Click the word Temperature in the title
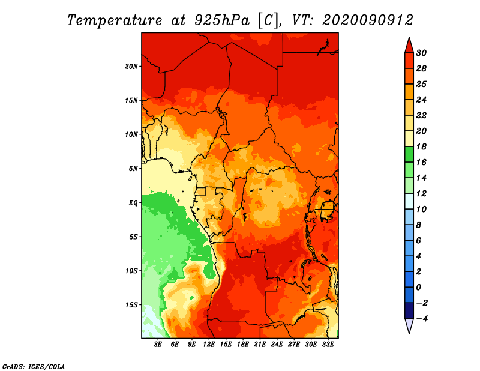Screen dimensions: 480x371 [115, 20]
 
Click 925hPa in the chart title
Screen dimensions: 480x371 [221, 20]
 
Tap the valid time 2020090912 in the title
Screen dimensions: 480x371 [368, 20]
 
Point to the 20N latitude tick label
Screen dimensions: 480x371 [131, 67]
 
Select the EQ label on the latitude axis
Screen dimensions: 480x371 [133, 203]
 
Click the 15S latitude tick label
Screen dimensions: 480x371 [131, 305]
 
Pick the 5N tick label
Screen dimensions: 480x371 [133, 169]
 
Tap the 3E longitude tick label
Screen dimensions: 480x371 [158, 344]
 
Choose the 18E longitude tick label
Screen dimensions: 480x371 [243, 344]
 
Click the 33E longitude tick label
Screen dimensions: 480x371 [328, 344]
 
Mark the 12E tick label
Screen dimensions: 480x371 [209, 344]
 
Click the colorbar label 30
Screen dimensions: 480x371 [421, 53]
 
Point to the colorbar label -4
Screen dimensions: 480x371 [422, 319]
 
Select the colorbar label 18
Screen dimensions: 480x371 [421, 146]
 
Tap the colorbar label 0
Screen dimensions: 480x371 [419, 288]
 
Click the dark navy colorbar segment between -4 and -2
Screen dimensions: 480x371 [409, 310]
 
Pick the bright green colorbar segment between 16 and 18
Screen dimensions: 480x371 [409, 154]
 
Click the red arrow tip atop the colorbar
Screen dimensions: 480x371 [409, 37]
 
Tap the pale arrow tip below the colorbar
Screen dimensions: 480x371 [409, 333]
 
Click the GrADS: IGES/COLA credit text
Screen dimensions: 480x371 [34, 367]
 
